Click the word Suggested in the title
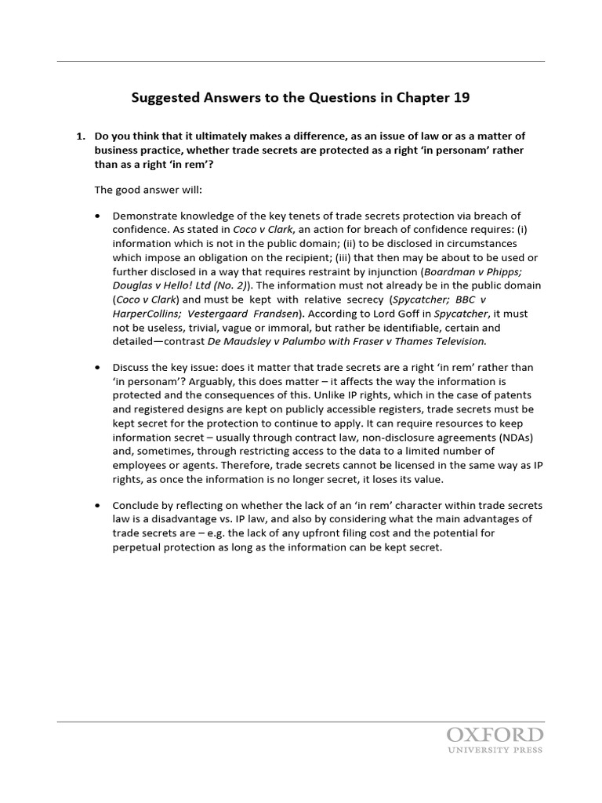164,98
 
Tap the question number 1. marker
81,136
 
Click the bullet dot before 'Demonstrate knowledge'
97,216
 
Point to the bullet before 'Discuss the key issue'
97,368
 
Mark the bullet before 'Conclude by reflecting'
97,505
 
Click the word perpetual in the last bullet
138,547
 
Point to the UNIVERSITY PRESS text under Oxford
495,750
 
